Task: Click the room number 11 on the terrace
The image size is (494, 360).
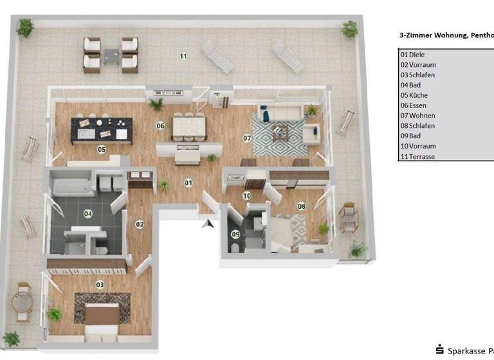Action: (183, 57)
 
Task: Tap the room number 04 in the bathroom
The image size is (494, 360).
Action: (89, 214)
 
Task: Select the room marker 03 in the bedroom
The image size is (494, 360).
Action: (100, 284)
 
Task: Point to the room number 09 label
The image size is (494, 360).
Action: (235, 234)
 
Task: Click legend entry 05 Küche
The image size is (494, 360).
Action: (417, 95)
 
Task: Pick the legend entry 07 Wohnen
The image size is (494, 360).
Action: (420, 116)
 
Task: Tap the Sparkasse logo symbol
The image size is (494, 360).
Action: (440, 350)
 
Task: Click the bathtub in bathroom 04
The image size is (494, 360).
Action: (73, 187)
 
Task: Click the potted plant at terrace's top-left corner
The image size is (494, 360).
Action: (26, 27)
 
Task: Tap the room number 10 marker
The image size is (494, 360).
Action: (246, 195)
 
